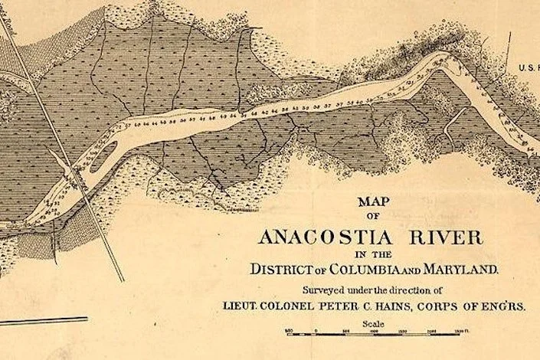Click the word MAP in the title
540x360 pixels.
click(x=374, y=203)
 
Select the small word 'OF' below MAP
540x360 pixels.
click(x=374, y=217)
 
